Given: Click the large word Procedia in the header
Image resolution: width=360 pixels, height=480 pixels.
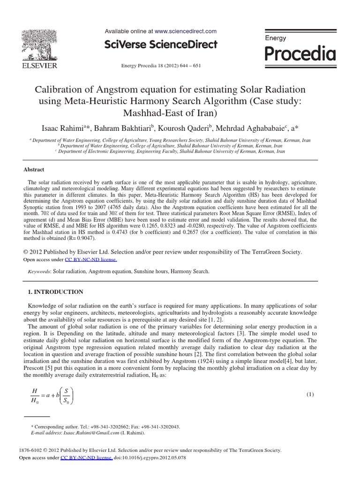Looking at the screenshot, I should (300, 54).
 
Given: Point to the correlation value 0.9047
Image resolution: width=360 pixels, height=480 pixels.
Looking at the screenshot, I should (83, 238).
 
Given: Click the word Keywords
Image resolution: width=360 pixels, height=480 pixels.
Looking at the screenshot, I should (39, 271).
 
